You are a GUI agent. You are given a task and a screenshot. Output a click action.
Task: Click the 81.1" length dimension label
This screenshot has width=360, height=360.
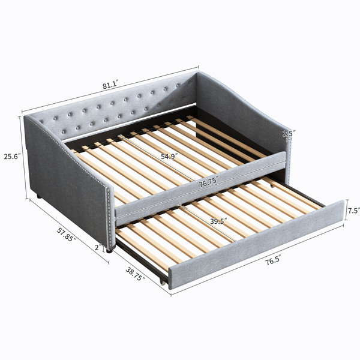click(x=110, y=85)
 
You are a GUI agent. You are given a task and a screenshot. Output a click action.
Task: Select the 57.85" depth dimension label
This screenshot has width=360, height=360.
click(x=67, y=235)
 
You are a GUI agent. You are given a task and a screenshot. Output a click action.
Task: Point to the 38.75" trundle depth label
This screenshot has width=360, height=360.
click(x=135, y=274)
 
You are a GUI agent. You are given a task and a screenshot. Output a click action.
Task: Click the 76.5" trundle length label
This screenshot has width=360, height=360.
click(x=273, y=261)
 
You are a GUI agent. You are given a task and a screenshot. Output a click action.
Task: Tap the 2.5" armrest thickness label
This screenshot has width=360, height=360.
click(x=289, y=133)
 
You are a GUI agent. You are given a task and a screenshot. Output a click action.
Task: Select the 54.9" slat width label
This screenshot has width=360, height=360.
click(x=169, y=157)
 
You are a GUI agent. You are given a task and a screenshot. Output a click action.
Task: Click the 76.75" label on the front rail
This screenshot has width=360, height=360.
click(x=208, y=183)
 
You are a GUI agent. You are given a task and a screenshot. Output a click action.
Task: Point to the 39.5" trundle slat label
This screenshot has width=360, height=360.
click(x=218, y=221)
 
